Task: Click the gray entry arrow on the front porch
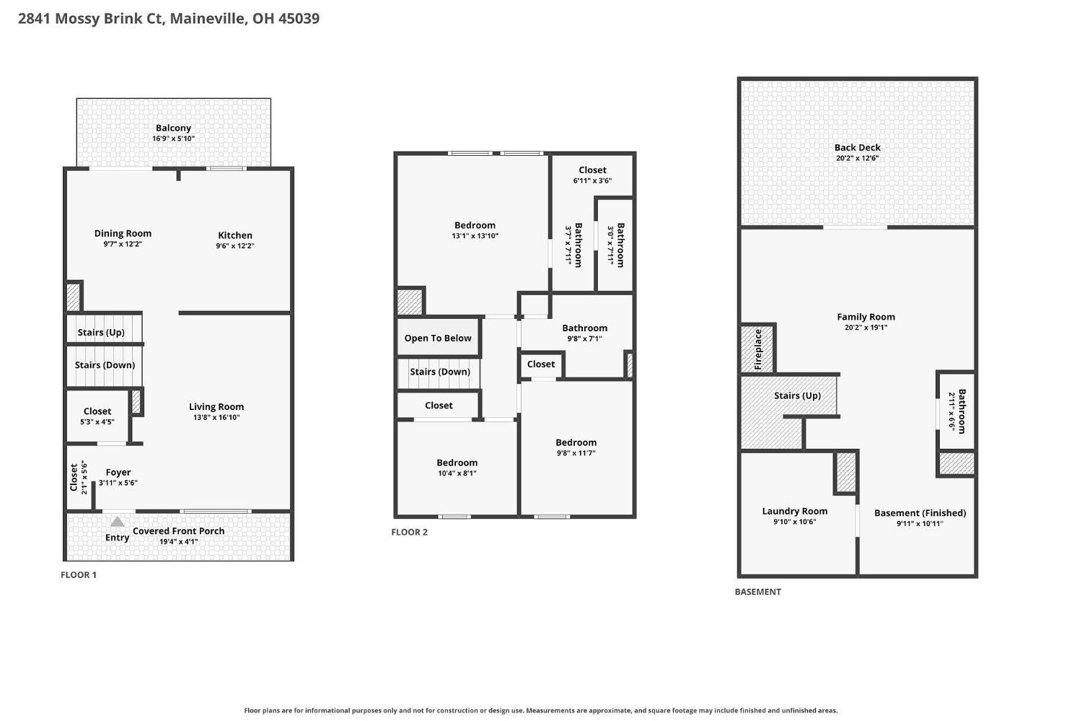click(x=118, y=521)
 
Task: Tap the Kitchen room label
click(x=234, y=235)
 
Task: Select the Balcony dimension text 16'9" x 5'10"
click(x=173, y=139)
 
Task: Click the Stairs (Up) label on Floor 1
click(x=101, y=333)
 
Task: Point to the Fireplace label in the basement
click(x=758, y=349)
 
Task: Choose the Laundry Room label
click(x=795, y=511)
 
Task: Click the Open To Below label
click(x=438, y=338)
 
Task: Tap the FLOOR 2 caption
click(x=409, y=532)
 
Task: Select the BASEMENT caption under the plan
click(x=757, y=592)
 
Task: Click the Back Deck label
click(x=857, y=147)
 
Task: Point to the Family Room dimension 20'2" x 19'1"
click(x=866, y=328)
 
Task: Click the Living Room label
click(x=216, y=407)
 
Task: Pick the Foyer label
click(x=118, y=472)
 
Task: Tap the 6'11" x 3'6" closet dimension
click(x=592, y=180)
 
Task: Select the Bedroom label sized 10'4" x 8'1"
click(x=457, y=463)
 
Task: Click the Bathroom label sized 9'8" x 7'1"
click(x=584, y=328)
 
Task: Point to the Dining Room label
click(x=123, y=233)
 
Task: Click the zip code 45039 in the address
click(x=299, y=18)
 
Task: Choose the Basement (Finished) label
click(x=920, y=513)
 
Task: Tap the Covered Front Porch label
click(x=178, y=531)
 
